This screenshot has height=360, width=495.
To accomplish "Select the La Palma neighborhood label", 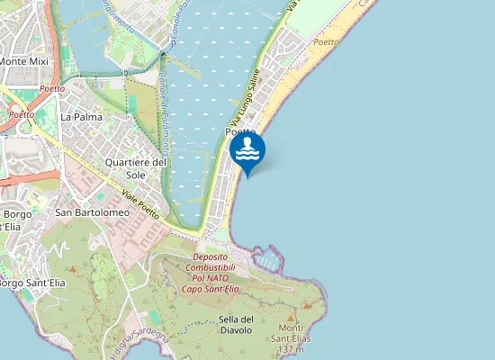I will click(x=81, y=117).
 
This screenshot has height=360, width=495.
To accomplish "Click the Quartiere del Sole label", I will click(x=136, y=167).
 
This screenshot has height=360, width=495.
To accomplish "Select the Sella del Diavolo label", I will click(x=237, y=324).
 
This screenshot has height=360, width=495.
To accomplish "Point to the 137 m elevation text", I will click(x=290, y=348).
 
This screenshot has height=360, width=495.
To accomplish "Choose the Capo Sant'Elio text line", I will click(x=210, y=289).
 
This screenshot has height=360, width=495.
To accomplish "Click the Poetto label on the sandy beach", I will click(x=327, y=42).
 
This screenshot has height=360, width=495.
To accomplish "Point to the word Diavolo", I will click(x=237, y=330).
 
